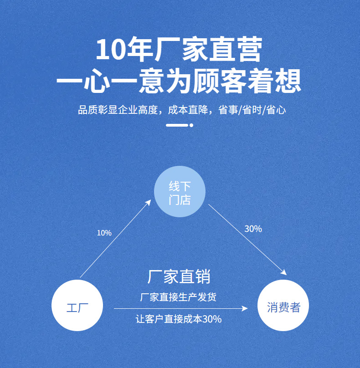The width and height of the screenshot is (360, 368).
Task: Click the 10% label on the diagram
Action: pos(104,233)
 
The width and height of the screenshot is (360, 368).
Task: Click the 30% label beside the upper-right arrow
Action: pos(253,229)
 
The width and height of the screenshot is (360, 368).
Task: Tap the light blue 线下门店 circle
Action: pos(180,192)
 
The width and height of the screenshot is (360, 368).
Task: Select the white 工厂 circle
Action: pos(77,305)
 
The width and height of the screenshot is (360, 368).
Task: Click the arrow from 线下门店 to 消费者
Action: pos(247,240)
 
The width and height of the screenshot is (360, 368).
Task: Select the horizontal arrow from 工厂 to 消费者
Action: pos(180,309)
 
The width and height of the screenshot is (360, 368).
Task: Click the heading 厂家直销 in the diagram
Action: pos(179,276)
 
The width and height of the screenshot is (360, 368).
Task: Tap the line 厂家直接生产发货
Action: pos(178,297)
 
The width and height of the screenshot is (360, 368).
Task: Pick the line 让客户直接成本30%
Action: pos(179,319)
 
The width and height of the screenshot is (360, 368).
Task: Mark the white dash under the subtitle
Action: pos(177,125)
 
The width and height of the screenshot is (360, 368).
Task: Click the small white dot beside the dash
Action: pos(191,125)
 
